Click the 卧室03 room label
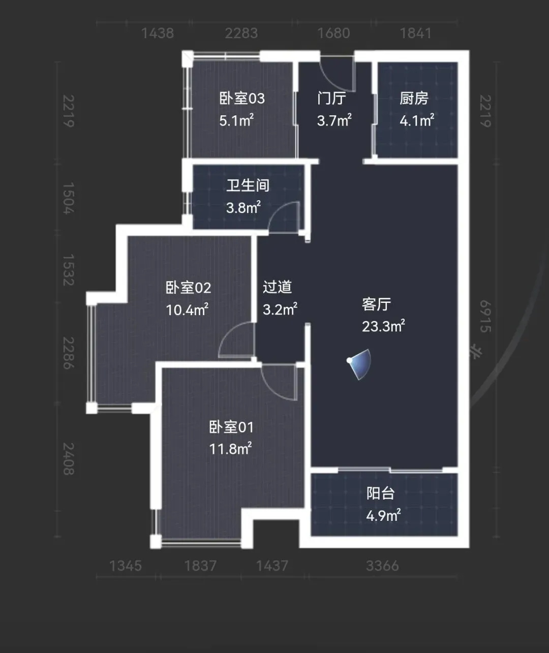tap(242, 99)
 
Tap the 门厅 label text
tap(331, 98)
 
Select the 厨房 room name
tap(414, 98)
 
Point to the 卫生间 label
tap(248, 185)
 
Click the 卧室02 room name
tap(188, 288)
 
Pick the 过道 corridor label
tap(277, 287)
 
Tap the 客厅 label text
tap(376, 304)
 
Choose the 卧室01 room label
tap(231, 427)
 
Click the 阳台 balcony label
tap(380, 493)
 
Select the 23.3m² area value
tap(383, 326)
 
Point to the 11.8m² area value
tap(230, 449)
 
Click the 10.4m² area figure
tap(187, 309)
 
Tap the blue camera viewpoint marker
tap(360, 364)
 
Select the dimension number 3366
tap(382, 566)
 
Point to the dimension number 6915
tap(485, 316)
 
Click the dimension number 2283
tap(241, 33)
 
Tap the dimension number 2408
tap(69, 459)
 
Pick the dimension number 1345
tap(126, 566)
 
